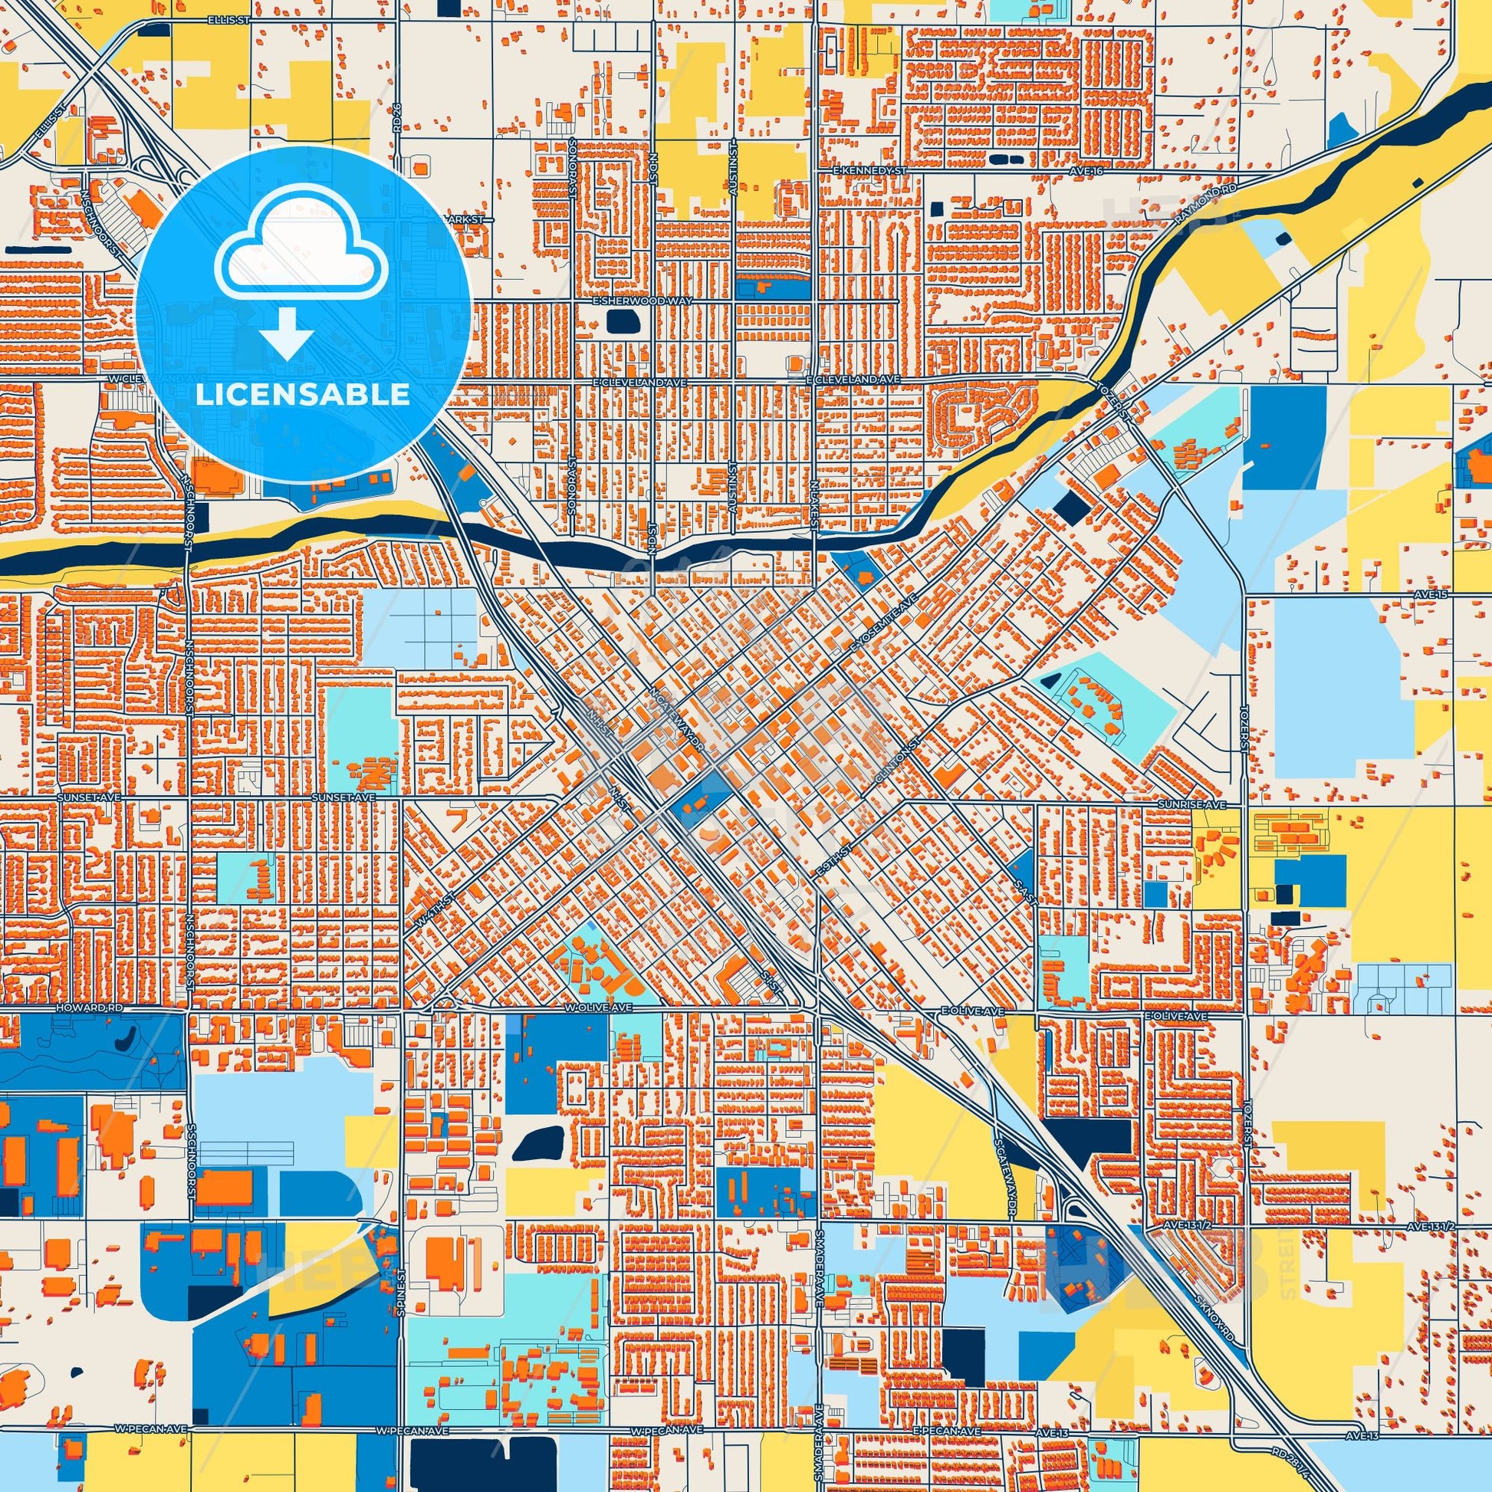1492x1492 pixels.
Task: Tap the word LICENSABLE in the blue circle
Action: (x=303, y=395)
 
